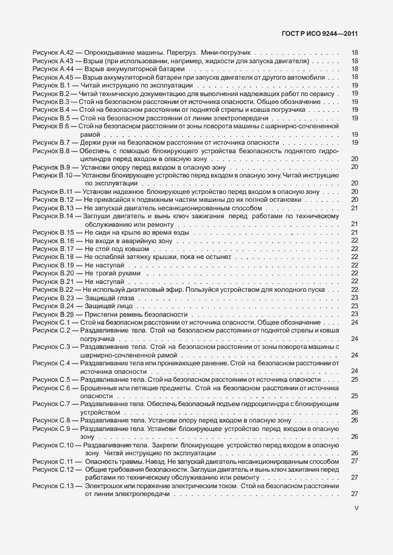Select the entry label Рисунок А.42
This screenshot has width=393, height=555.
53,53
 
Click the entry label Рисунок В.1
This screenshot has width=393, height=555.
51,86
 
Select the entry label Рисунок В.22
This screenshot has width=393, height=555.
53,290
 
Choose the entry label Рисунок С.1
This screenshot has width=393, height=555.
51,322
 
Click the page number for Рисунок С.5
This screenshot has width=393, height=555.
354,379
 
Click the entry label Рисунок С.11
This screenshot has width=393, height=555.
53,461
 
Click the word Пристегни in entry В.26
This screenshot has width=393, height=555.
100,314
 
